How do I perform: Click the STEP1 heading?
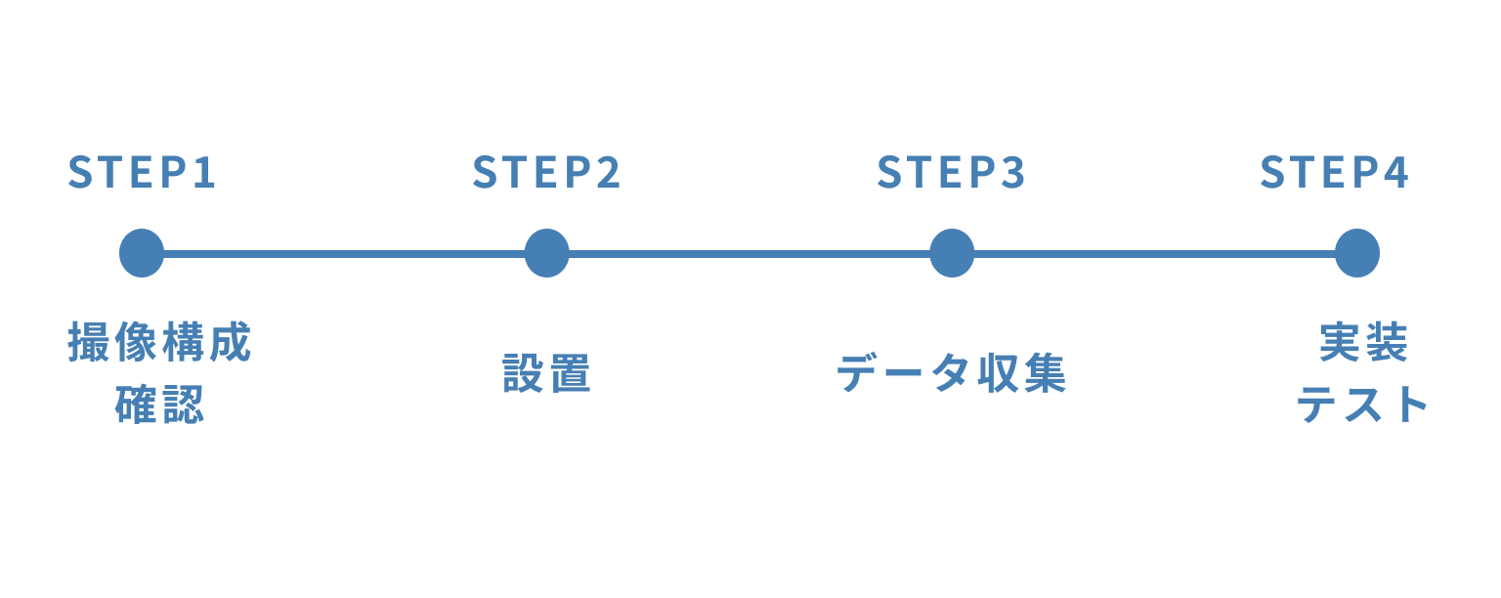(142, 172)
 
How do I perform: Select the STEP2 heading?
(547, 172)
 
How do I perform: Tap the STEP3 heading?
(952, 172)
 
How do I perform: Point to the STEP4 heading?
(1334, 172)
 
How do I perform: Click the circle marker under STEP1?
(142, 253)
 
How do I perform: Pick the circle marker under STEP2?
(547, 253)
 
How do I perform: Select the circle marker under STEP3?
(952, 253)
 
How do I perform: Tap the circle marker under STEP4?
(1357, 253)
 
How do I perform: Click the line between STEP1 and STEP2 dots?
(344, 253)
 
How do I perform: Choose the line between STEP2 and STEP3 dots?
(750, 253)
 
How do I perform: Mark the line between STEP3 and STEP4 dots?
(1154, 253)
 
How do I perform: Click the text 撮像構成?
(159, 342)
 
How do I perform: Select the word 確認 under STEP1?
(159, 405)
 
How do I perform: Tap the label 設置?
(547, 373)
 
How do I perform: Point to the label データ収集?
(952, 373)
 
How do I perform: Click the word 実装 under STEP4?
(1363, 342)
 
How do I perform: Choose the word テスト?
(1363, 405)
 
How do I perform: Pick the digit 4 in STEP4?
(1396, 172)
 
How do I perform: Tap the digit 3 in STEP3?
(1013, 172)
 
